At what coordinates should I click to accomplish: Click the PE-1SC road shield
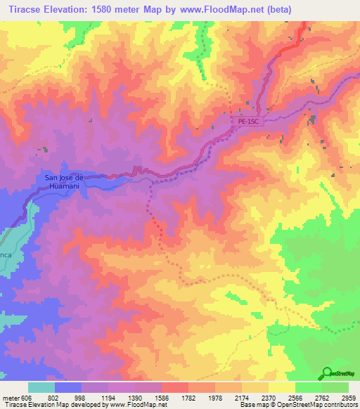[x=247, y=121]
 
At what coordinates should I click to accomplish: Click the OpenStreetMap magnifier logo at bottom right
[x=328, y=372]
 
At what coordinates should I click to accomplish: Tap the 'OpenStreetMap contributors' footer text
[x=316, y=405]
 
